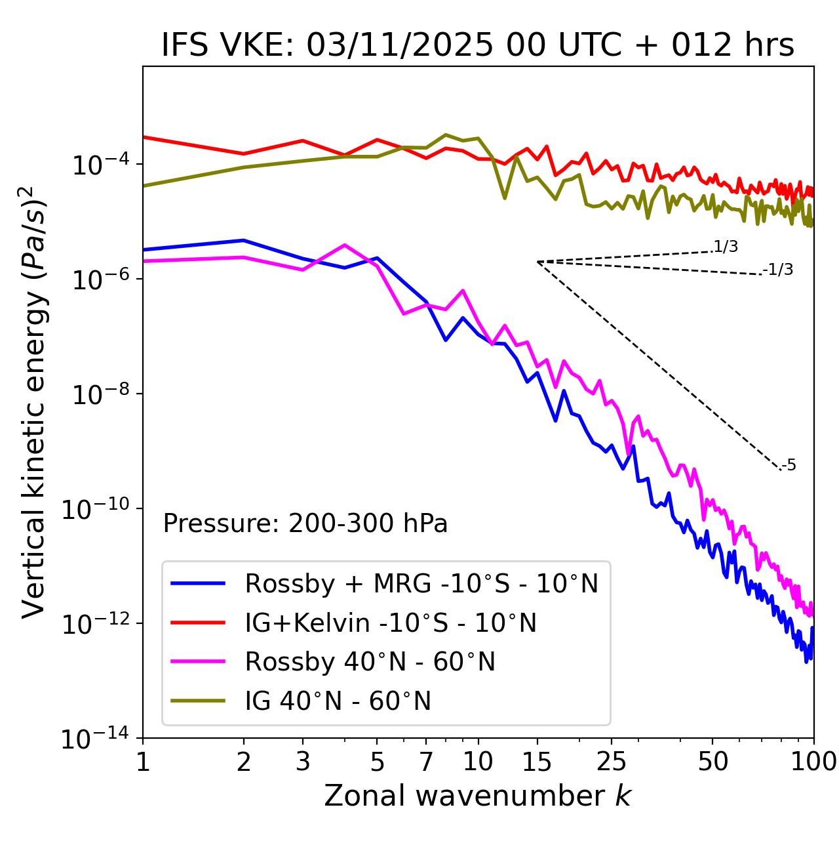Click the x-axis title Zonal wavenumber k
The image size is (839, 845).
[477, 795]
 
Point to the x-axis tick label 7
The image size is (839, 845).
[426, 761]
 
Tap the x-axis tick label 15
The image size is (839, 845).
[537, 761]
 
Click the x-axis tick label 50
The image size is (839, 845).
[713, 761]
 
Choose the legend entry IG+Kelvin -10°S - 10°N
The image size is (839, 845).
[391, 623]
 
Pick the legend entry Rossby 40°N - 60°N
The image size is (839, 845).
[370, 662]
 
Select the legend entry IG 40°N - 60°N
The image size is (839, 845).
[338, 701]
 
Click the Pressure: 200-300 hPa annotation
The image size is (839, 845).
[305, 524]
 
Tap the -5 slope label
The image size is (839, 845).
[789, 466]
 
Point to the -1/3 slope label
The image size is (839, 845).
[778, 270]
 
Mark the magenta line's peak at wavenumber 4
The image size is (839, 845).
[345, 245]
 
